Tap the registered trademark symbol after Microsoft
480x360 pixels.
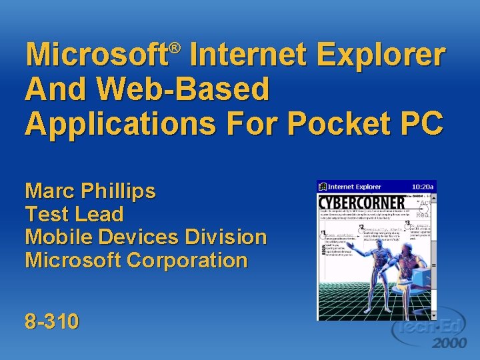click(174, 48)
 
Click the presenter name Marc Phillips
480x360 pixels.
click(90, 192)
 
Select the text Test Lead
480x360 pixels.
click(74, 215)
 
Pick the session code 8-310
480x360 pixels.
click(51, 322)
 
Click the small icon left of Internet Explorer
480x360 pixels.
click(322, 187)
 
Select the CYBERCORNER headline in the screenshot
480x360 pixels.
click(361, 202)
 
